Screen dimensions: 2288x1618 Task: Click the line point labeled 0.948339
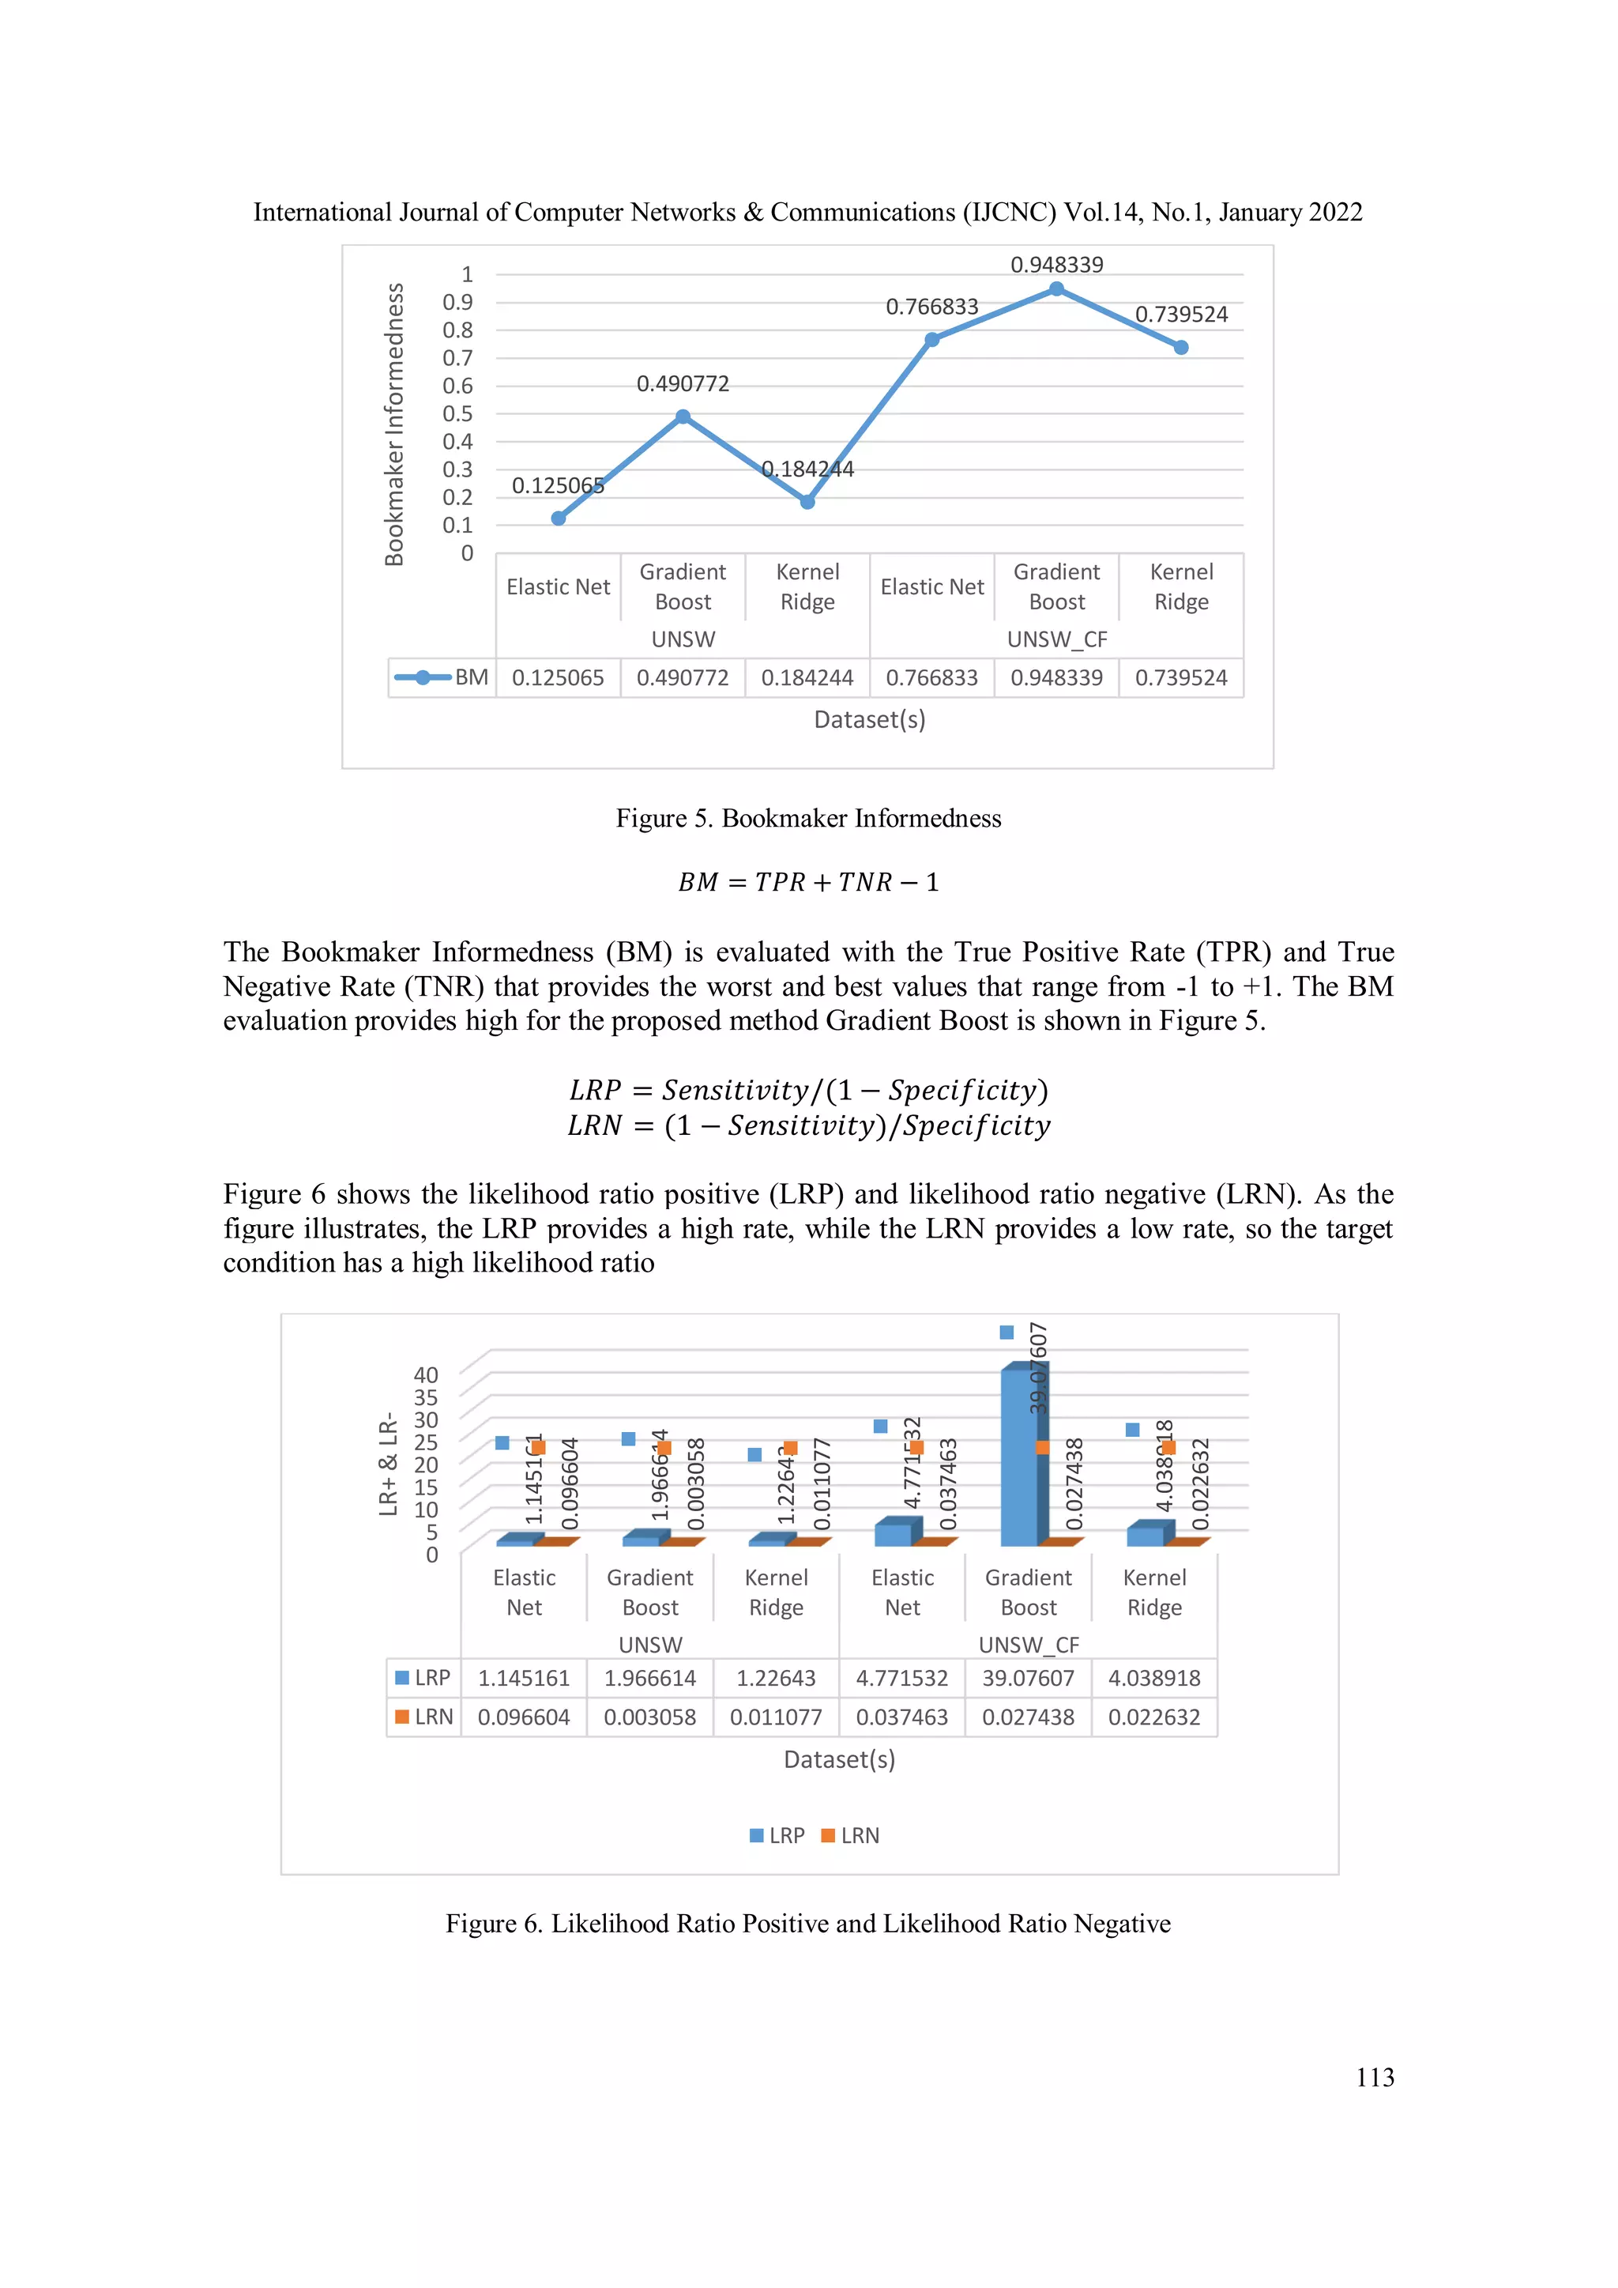[x=1056, y=289]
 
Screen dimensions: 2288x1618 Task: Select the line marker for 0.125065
[x=558, y=518]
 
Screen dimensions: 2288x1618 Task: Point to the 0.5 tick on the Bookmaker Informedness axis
[x=457, y=413]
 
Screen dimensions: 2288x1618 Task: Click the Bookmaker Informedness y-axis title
[x=394, y=424]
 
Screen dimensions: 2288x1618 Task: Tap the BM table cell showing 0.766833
[x=931, y=677]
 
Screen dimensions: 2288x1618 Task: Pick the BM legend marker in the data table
[x=423, y=677]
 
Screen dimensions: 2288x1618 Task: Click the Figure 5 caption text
[x=808, y=818]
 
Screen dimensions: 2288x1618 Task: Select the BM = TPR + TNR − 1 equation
[x=808, y=882]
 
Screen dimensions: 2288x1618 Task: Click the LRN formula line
[x=808, y=1126]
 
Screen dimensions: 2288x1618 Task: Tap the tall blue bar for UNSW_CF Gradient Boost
[x=1018, y=1455]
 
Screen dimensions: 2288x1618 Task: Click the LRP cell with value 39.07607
[x=1028, y=1678]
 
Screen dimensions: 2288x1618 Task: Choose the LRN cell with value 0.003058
[x=649, y=1717]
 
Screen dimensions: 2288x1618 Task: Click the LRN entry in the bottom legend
[x=851, y=1836]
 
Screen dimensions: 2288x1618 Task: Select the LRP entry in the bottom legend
[x=777, y=1836]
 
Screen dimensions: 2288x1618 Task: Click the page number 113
[x=1375, y=2077]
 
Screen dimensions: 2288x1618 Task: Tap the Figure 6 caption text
[x=808, y=1924]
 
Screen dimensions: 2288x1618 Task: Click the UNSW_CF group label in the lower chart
[x=1028, y=1644]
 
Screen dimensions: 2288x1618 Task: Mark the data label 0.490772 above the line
[x=683, y=383]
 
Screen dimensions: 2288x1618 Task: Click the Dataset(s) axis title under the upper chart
[x=869, y=719]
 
